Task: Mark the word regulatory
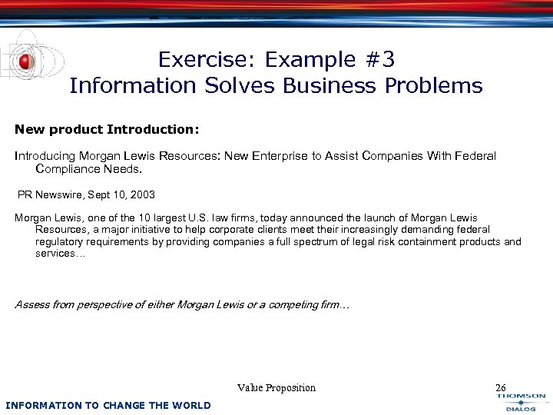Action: point(59,241)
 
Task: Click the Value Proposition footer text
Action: point(276,388)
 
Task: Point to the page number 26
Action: point(501,388)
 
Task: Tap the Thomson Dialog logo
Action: point(521,402)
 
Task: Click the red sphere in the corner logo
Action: point(26,61)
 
